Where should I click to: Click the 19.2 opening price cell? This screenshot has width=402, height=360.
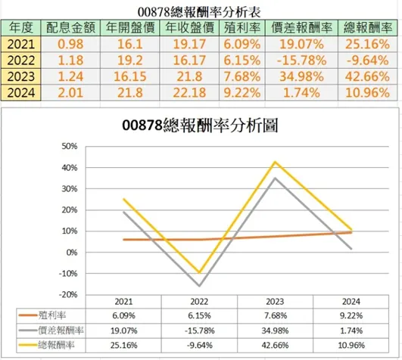pyautogui.click(x=124, y=61)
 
